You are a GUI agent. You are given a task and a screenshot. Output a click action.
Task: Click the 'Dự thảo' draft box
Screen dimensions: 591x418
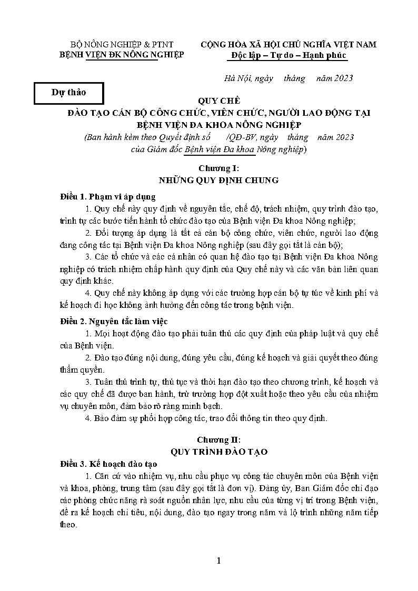[x=69, y=93]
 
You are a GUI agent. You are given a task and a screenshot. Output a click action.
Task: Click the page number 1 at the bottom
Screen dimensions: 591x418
[x=219, y=560]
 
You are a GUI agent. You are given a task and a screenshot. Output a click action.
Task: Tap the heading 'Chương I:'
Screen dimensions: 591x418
[x=218, y=168]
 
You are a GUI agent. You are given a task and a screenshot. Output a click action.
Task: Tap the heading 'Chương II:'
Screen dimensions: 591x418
[x=218, y=439]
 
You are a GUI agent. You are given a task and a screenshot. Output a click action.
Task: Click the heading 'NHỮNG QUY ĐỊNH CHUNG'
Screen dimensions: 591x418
[x=218, y=181]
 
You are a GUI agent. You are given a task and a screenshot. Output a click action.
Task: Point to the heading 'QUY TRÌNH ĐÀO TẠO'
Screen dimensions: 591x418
[x=218, y=452]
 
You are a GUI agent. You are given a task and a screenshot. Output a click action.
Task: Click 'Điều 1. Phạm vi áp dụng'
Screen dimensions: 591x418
[x=108, y=197]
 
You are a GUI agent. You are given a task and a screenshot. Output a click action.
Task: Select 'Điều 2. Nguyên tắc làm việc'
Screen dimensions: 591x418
[x=114, y=321]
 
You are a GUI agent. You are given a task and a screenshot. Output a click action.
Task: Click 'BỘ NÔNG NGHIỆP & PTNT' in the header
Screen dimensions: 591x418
[x=122, y=44]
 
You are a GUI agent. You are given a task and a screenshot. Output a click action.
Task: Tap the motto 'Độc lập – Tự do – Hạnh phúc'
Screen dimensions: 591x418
[x=288, y=55]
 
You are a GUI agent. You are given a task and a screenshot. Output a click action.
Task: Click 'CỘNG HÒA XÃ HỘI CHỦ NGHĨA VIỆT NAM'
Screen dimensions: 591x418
[x=288, y=44]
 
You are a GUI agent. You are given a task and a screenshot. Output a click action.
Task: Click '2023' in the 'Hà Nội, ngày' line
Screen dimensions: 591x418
[x=342, y=78]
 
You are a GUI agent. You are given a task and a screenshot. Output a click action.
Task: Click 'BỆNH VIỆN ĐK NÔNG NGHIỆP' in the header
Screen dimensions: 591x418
[x=122, y=55]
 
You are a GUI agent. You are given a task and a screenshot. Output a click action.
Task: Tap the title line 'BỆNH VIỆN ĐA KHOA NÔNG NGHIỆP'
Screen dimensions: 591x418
[x=218, y=125]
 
